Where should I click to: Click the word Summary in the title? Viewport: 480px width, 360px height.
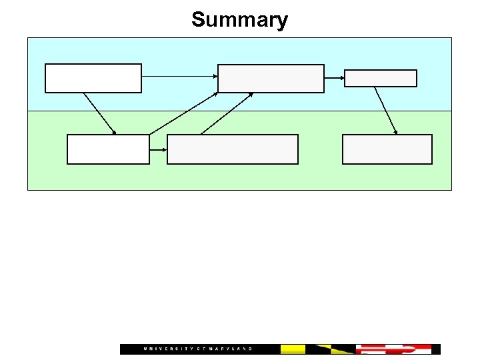(x=239, y=19)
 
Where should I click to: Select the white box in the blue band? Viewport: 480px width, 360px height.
(x=93, y=78)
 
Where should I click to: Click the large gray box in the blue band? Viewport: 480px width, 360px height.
(x=271, y=78)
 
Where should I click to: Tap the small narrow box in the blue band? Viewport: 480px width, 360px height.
(x=381, y=79)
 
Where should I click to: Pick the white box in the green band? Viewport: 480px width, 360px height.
(x=108, y=149)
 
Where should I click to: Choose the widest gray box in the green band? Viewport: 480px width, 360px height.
(x=233, y=149)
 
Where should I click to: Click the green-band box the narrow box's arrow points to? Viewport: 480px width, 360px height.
(x=387, y=149)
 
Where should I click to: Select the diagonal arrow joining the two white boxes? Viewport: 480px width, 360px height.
(x=100, y=113)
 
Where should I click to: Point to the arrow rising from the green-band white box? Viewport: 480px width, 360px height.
(x=183, y=113)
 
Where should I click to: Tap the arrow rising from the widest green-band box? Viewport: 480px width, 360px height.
(x=227, y=113)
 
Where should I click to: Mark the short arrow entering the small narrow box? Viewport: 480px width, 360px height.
(x=334, y=78)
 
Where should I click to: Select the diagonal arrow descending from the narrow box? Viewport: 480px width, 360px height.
(x=385, y=111)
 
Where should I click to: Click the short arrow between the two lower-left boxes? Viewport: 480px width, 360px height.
(x=158, y=149)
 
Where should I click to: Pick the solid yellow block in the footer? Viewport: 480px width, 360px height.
(x=293, y=349)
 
